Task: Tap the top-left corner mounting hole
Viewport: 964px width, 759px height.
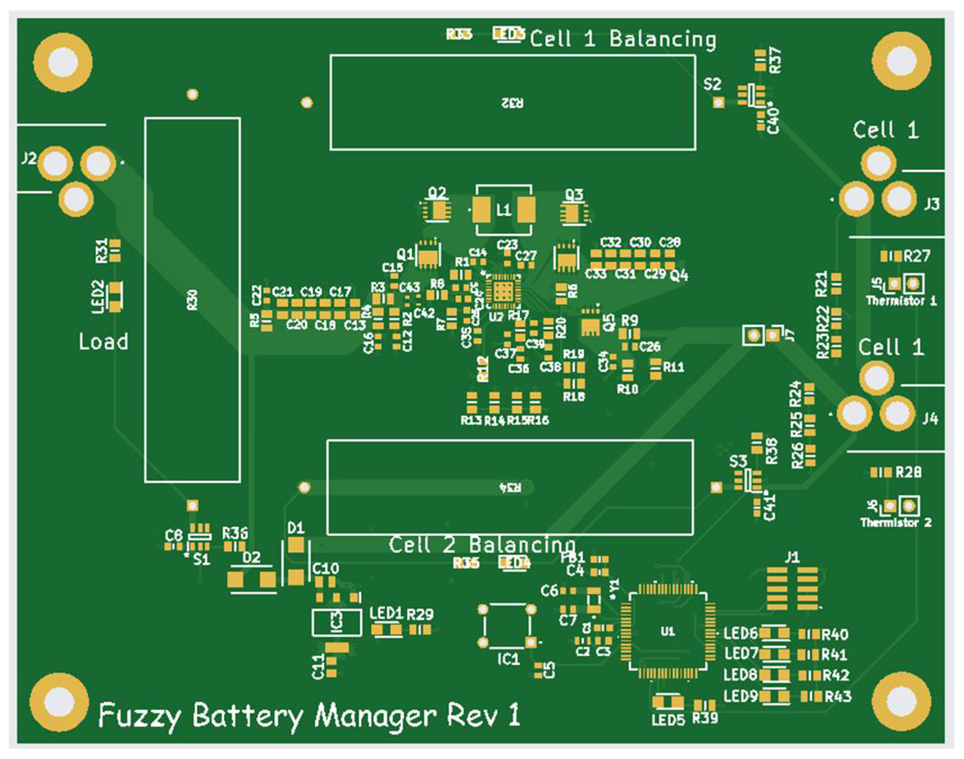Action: click(63, 62)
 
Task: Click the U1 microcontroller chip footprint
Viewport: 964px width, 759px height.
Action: click(667, 631)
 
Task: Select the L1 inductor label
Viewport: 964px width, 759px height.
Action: click(503, 210)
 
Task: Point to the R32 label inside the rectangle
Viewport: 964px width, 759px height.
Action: click(512, 103)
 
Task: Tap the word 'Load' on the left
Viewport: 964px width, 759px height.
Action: click(104, 342)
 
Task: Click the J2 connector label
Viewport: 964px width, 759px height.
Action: click(29, 158)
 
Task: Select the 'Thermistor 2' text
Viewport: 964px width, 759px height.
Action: click(895, 523)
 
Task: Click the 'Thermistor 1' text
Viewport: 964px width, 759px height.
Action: click(901, 301)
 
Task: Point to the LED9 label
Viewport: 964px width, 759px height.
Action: click(740, 696)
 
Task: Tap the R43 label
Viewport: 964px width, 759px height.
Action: click(838, 697)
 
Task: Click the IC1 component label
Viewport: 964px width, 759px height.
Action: click(508, 659)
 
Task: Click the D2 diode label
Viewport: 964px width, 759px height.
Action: click(251, 558)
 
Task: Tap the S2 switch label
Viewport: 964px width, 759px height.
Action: click(712, 84)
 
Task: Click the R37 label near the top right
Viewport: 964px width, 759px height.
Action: click(775, 60)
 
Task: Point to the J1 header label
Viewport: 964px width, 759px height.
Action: click(792, 558)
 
